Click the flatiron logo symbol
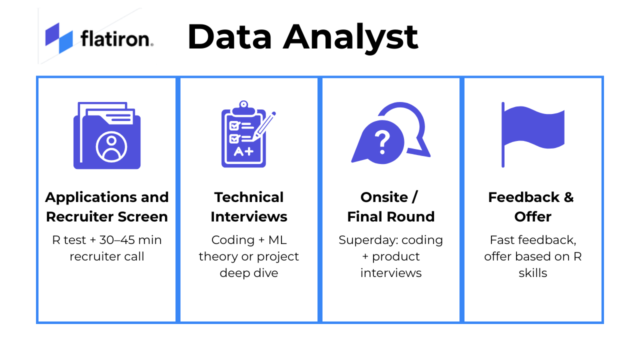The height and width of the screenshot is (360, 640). click(59, 38)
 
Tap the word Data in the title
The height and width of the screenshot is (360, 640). click(230, 37)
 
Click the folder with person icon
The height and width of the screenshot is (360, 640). click(107, 135)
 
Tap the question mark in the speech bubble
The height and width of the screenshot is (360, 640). click(382, 142)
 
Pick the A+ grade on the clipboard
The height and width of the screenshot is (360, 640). click(243, 151)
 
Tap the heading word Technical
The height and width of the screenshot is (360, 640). click(249, 197)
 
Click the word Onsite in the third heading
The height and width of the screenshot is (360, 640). click(384, 197)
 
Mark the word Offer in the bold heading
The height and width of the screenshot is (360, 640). click(533, 217)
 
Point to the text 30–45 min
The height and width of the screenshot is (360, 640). click(130, 240)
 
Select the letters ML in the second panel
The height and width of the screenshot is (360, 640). click(277, 240)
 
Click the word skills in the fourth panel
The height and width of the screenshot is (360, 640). click(533, 273)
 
